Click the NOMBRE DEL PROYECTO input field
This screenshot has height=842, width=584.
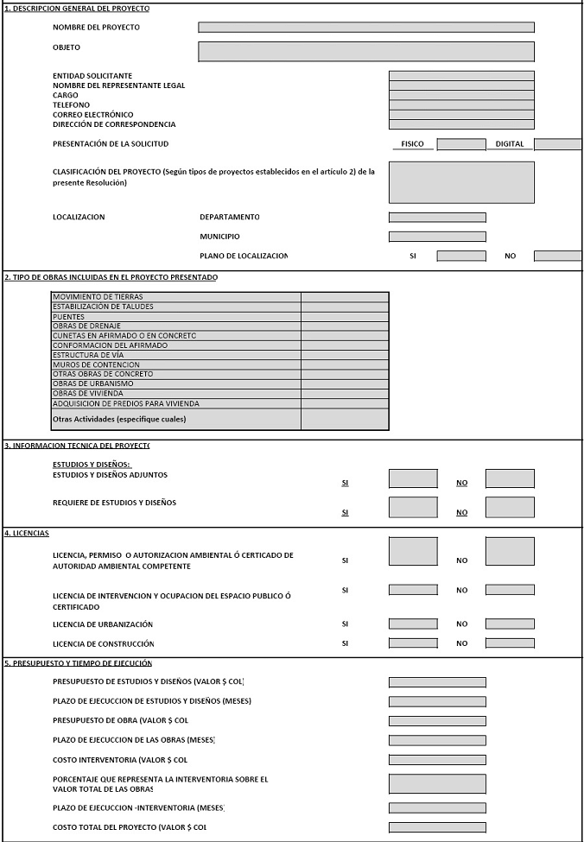pos(365,28)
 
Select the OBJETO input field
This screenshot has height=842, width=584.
pos(365,52)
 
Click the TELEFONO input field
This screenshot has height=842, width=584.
pos(461,105)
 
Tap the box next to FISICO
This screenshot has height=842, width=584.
pos(461,144)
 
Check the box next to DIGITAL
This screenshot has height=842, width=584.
pos(558,144)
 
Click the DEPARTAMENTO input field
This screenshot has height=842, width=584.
pos(437,218)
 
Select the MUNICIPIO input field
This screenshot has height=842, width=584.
pos(437,237)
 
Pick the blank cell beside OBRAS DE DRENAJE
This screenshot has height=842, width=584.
pos(345,326)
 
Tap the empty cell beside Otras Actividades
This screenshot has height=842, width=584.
pos(345,419)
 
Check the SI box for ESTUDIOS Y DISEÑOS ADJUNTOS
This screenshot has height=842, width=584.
pos(413,478)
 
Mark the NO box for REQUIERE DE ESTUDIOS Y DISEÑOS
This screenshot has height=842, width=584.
pos(510,507)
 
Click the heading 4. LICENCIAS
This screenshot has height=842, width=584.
pos(27,533)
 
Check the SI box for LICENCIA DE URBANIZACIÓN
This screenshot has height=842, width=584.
pos(413,624)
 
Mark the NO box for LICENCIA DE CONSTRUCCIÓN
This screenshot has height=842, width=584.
pos(510,643)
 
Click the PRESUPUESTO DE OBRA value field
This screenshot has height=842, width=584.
pos(437,721)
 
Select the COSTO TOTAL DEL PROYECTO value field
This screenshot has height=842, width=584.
pos(437,827)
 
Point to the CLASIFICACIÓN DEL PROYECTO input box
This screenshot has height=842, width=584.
pos(461,182)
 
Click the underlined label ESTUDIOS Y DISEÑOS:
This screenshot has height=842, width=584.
pos(92,465)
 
